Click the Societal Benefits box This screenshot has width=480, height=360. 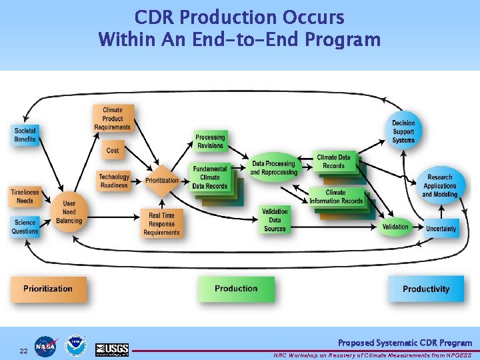click(x=25, y=135)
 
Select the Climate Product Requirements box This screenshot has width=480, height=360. click(x=112, y=119)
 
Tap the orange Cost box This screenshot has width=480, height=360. click(x=113, y=151)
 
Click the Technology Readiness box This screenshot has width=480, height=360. click(x=114, y=181)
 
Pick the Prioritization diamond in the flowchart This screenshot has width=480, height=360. click(x=161, y=180)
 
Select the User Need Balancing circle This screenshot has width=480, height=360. click(x=69, y=212)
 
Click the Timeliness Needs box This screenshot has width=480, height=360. click(x=25, y=196)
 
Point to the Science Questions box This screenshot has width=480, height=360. click(x=25, y=227)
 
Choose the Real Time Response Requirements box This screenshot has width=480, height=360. click(x=161, y=224)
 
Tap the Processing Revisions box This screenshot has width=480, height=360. click(x=210, y=141)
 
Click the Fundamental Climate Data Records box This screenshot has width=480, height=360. click(x=210, y=177)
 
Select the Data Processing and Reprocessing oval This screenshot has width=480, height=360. click(x=273, y=168)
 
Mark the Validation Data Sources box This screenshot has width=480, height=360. click(x=275, y=220)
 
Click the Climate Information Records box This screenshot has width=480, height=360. click(x=336, y=197)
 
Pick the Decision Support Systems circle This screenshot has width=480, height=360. click(x=403, y=131)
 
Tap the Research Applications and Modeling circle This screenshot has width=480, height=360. click(x=440, y=185)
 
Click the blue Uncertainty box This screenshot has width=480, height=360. click(x=441, y=229)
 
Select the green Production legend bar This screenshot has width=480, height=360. click(x=236, y=289)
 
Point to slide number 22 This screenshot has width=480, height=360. click(x=23, y=351)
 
